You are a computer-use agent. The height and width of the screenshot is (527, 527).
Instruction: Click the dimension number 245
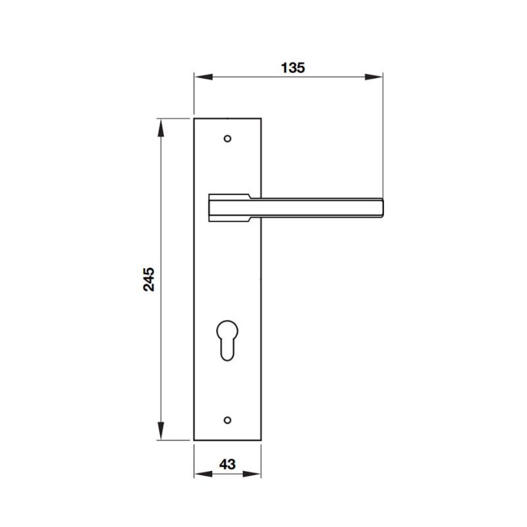click(x=150, y=279)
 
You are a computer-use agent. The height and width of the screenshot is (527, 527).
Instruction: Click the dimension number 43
click(x=227, y=464)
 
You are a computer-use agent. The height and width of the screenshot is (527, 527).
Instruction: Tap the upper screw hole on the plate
click(x=228, y=139)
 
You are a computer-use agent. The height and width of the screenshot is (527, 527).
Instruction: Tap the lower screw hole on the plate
click(x=228, y=419)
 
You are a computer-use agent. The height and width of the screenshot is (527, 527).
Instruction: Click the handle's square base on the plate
click(x=227, y=208)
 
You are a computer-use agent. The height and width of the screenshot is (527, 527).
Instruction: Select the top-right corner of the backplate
click(x=261, y=119)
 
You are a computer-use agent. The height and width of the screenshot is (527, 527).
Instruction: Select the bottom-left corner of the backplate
click(x=195, y=440)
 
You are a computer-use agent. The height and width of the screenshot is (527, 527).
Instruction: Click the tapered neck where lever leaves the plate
click(x=256, y=208)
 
